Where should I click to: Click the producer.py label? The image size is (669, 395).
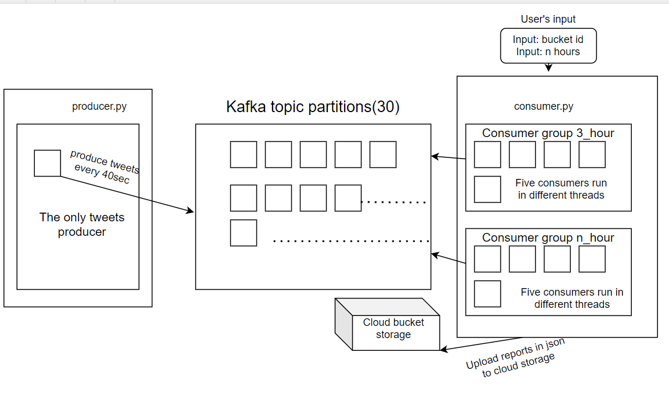coord(99,106)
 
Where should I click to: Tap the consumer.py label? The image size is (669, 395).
coord(543,106)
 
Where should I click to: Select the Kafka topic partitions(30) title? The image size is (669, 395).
coord(313,107)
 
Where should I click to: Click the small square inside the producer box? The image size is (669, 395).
coord(47,163)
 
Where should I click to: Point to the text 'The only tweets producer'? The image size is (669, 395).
coord(82,225)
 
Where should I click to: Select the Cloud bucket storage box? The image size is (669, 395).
coord(393,329)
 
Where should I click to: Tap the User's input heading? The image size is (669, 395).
coord(548,19)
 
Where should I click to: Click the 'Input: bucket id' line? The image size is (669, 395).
coord(548,39)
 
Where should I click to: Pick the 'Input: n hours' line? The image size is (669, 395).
coord(548,51)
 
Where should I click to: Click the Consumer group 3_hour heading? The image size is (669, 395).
coord(548,133)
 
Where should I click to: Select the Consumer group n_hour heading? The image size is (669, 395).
coord(548,238)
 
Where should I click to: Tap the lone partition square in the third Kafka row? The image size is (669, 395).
coord(244,233)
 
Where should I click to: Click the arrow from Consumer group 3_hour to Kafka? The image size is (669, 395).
coord(449,157)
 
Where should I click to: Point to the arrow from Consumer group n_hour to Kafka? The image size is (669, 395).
coord(449,258)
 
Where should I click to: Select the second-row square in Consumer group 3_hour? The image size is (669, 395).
coord(488,189)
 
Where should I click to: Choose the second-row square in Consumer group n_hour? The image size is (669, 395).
coord(488,294)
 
